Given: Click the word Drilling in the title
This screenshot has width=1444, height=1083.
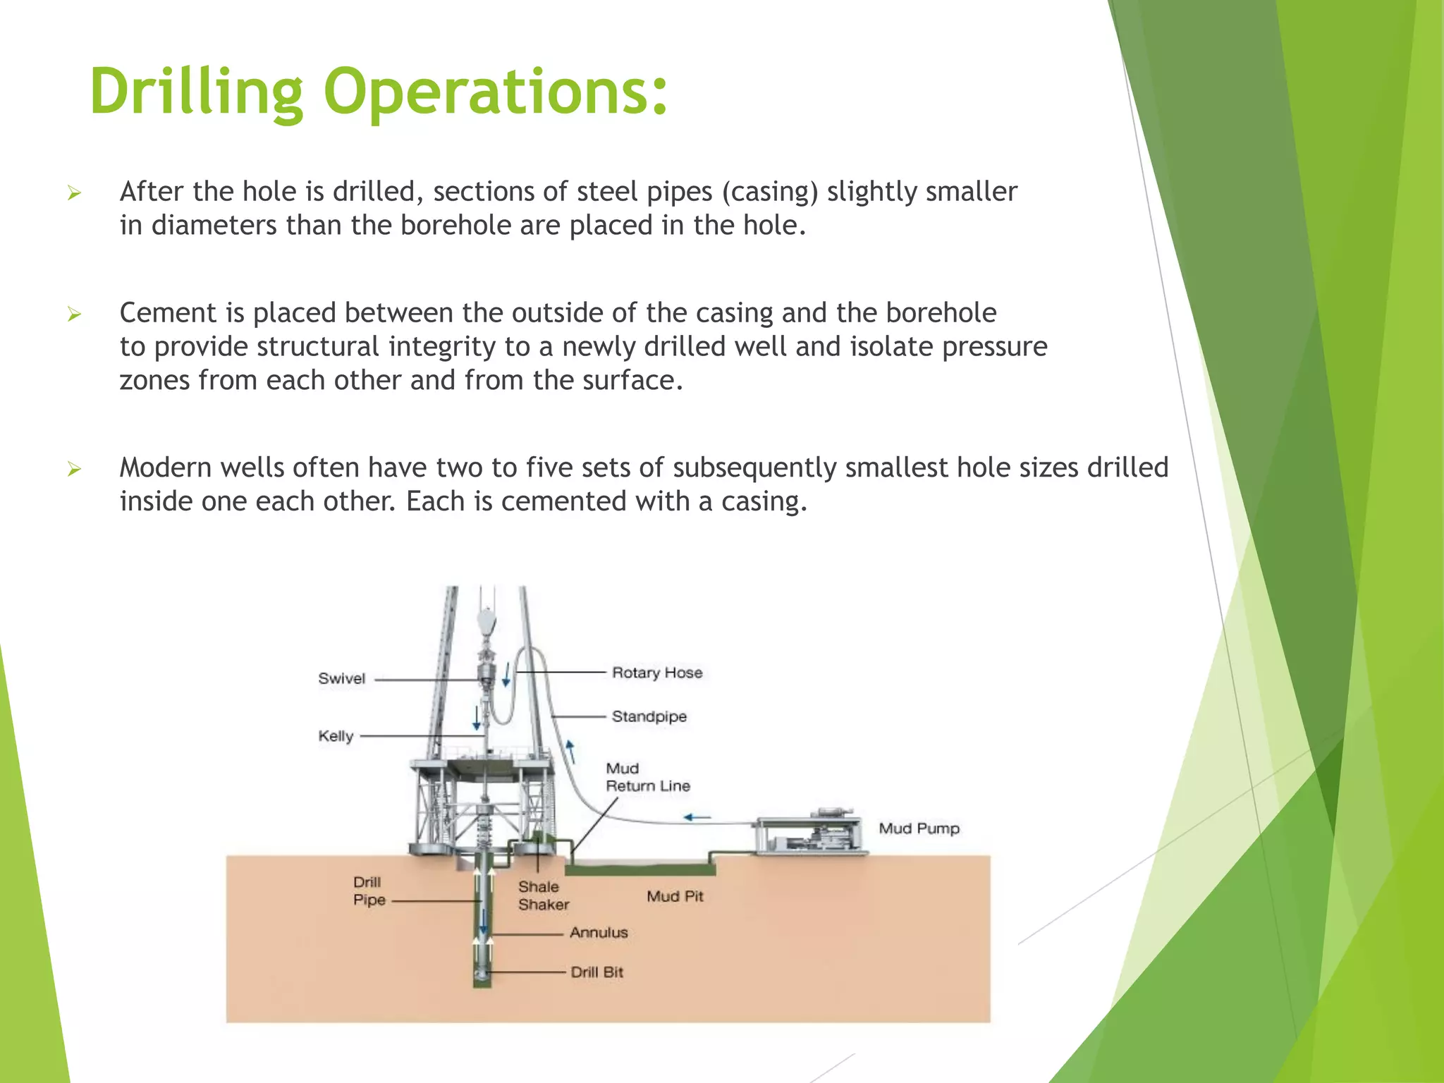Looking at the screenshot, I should pyautogui.click(x=197, y=92).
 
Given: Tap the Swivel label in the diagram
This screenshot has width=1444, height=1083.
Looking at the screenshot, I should pyautogui.click(x=341, y=678).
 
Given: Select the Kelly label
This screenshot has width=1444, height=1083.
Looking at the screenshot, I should pyautogui.click(x=336, y=736).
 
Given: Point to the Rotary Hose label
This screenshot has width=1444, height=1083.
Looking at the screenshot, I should pyautogui.click(x=657, y=673).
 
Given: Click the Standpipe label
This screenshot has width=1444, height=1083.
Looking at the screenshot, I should pyautogui.click(x=649, y=716).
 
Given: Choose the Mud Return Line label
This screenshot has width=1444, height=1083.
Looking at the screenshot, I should pyautogui.click(x=647, y=777).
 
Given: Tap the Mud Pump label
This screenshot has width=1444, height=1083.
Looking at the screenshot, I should pyautogui.click(x=919, y=828).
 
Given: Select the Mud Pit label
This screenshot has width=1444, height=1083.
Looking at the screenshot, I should pyautogui.click(x=675, y=896).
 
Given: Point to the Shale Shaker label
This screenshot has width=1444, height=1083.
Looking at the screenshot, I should pyautogui.click(x=543, y=895).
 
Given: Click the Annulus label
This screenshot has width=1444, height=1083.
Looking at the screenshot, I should pyautogui.click(x=599, y=932).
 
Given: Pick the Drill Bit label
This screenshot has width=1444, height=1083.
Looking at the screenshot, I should pyautogui.click(x=596, y=972).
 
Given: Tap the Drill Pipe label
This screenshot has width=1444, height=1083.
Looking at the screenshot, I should pyautogui.click(x=369, y=891).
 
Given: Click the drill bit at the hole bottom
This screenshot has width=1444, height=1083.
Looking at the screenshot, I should pyautogui.click(x=482, y=974).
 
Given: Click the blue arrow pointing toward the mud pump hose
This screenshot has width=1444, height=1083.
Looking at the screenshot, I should pyautogui.click(x=697, y=817).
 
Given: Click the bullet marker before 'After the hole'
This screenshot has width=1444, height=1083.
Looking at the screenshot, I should pyautogui.click(x=75, y=192).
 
